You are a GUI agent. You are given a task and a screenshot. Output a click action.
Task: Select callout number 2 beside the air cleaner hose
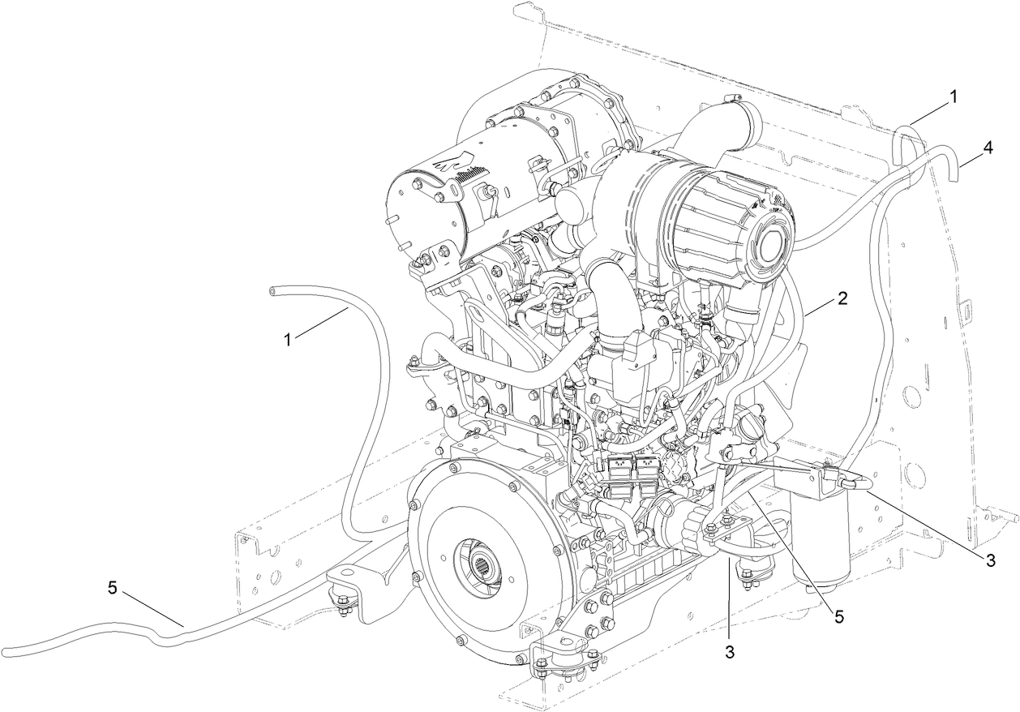tap(842, 298)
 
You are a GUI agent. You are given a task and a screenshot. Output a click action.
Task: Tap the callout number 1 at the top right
tap(954, 96)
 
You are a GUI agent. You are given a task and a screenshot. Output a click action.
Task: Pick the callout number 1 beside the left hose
tap(287, 338)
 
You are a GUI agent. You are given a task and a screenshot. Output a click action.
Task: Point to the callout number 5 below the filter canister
tap(839, 616)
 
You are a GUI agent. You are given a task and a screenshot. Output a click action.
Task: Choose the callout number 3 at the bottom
tap(730, 650)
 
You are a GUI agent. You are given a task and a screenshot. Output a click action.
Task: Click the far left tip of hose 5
tap(4, 650)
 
